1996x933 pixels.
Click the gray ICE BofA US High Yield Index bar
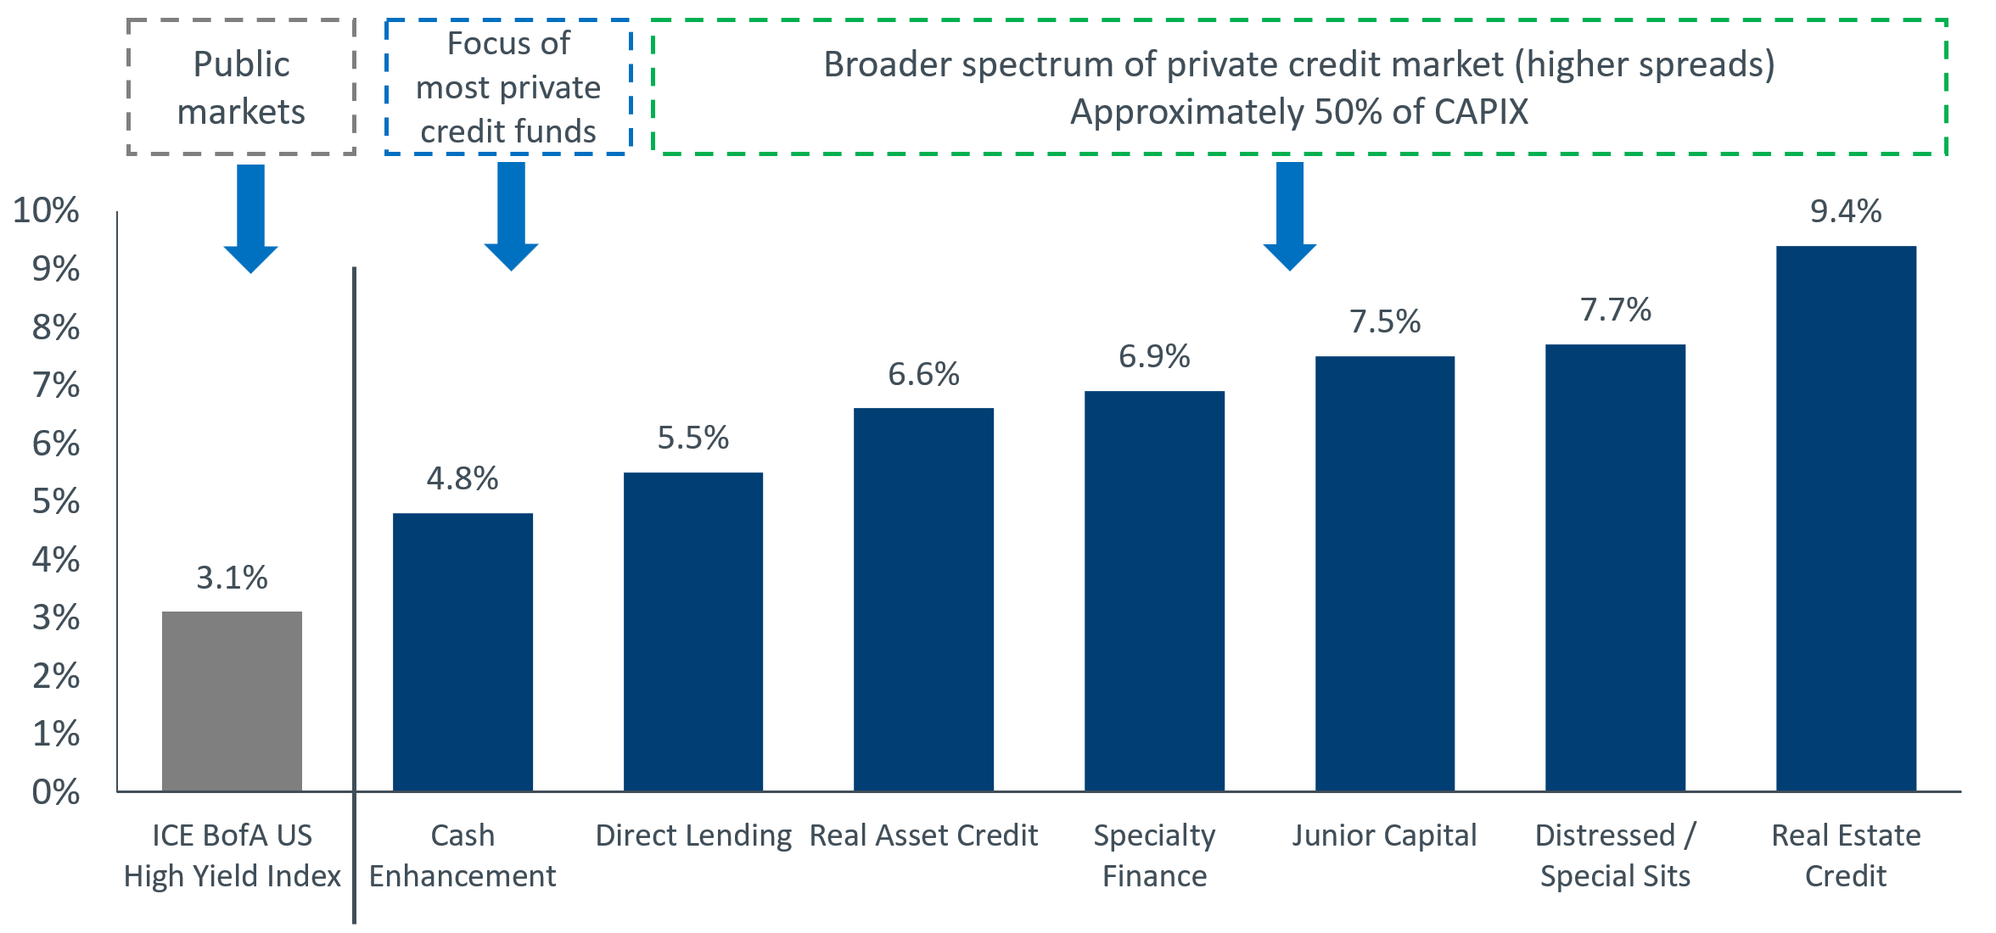(x=232, y=701)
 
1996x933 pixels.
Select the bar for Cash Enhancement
(x=463, y=652)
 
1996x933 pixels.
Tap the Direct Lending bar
(x=693, y=632)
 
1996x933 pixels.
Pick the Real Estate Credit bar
(x=1846, y=518)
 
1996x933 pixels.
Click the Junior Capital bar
(x=1385, y=573)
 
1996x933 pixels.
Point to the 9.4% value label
(x=1846, y=211)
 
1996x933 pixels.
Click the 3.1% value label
(x=232, y=578)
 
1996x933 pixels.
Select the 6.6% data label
(x=923, y=374)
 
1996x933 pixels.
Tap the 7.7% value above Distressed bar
(x=1615, y=310)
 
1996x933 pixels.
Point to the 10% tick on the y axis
(x=47, y=210)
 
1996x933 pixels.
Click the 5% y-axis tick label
(x=56, y=501)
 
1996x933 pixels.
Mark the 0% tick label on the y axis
(x=56, y=792)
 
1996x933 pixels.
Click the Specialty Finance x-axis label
(x=1154, y=855)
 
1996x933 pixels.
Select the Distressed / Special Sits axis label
(x=1615, y=855)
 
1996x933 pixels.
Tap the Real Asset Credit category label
(x=923, y=835)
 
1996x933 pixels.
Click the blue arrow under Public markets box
(x=250, y=218)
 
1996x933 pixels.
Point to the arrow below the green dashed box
(x=1289, y=216)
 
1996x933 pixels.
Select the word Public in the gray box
(x=241, y=64)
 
